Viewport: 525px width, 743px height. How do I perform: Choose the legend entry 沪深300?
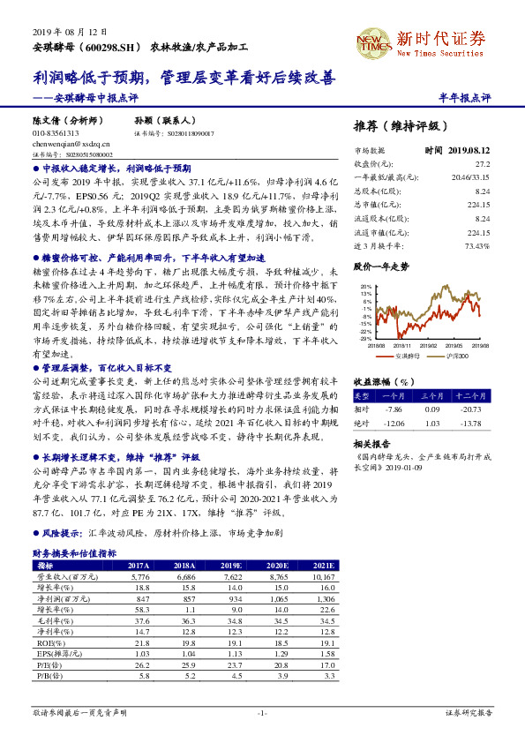(456, 355)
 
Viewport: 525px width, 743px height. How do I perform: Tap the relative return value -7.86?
(394, 409)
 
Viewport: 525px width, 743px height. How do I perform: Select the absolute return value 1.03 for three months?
(431, 424)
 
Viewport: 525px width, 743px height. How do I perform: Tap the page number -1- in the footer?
(262, 711)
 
